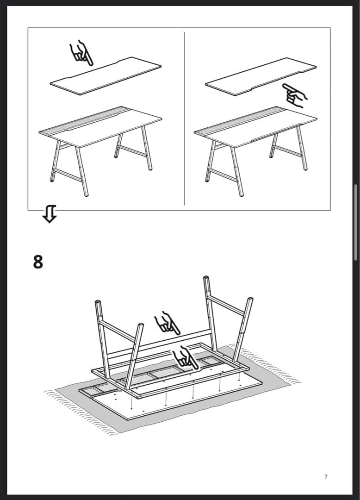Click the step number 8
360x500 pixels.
[x=38, y=262]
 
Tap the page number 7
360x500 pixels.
[x=326, y=476]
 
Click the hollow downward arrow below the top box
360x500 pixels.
[x=50, y=214]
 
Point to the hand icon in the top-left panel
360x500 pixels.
[x=81, y=53]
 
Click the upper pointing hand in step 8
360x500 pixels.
[x=167, y=323]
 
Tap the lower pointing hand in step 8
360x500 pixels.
[x=185, y=358]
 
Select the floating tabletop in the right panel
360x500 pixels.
[x=261, y=76]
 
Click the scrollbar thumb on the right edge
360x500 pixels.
[x=355, y=222]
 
